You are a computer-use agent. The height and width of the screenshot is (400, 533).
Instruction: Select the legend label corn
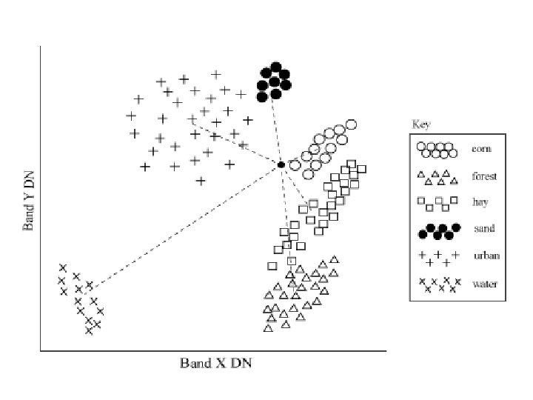[481, 148]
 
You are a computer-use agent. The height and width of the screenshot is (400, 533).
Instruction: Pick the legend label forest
[484, 176]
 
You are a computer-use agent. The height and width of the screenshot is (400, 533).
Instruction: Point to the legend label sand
[483, 229]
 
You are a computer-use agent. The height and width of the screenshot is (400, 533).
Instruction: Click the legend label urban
[486, 256]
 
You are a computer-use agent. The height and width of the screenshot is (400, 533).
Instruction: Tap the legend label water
[485, 283]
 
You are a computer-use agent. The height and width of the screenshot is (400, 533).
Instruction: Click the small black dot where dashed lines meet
[281, 164]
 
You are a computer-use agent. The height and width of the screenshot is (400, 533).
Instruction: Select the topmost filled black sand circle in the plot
[275, 65]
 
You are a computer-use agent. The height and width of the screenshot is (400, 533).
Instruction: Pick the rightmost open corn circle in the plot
[352, 124]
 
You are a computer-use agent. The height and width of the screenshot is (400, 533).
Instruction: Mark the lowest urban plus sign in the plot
[201, 180]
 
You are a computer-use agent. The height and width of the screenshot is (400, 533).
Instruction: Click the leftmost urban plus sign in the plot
[131, 116]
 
